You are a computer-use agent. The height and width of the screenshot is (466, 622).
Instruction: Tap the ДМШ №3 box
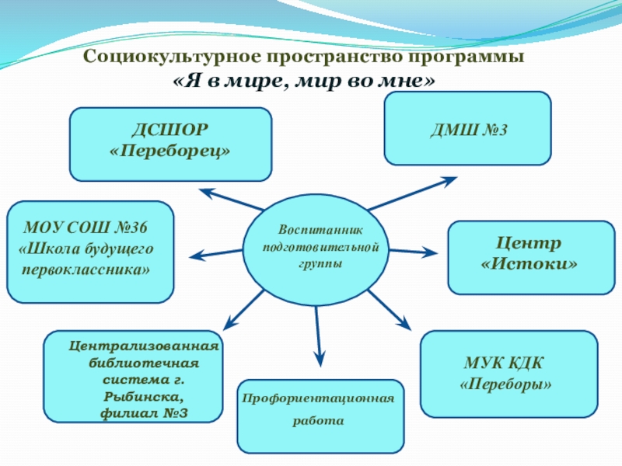(x=467, y=129)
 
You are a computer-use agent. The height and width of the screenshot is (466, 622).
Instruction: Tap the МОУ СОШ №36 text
(x=86, y=228)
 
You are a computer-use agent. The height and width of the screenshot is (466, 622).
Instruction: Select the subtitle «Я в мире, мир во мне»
(x=303, y=80)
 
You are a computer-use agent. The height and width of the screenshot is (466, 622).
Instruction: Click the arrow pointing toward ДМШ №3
(x=412, y=193)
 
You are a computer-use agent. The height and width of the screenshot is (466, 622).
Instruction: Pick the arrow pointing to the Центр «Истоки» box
(x=413, y=252)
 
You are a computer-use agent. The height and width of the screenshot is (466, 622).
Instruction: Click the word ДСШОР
(x=170, y=127)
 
